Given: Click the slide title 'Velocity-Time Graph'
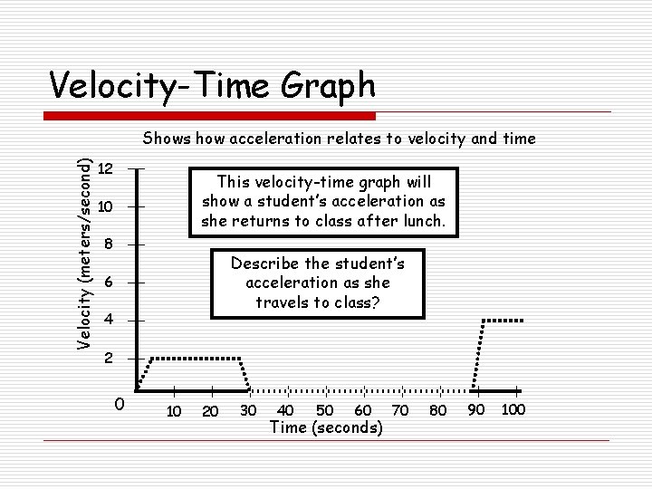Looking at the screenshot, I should coord(212,86).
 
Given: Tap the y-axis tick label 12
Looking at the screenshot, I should coord(105,169).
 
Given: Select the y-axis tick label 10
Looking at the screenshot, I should coord(105,207).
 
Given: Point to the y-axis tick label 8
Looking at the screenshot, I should coord(108,244).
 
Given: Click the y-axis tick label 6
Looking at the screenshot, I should coord(108,283).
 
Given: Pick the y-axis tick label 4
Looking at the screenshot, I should coord(108,321).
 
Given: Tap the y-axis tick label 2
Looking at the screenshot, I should coord(108,359).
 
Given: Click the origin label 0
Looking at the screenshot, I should coord(120,402).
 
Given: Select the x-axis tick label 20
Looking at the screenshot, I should coord(211,412).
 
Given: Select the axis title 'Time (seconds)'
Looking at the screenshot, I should coord(325,427).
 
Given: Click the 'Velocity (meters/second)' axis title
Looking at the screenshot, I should coord(83,254).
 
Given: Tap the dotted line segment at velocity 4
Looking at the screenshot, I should coord(504,321).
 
